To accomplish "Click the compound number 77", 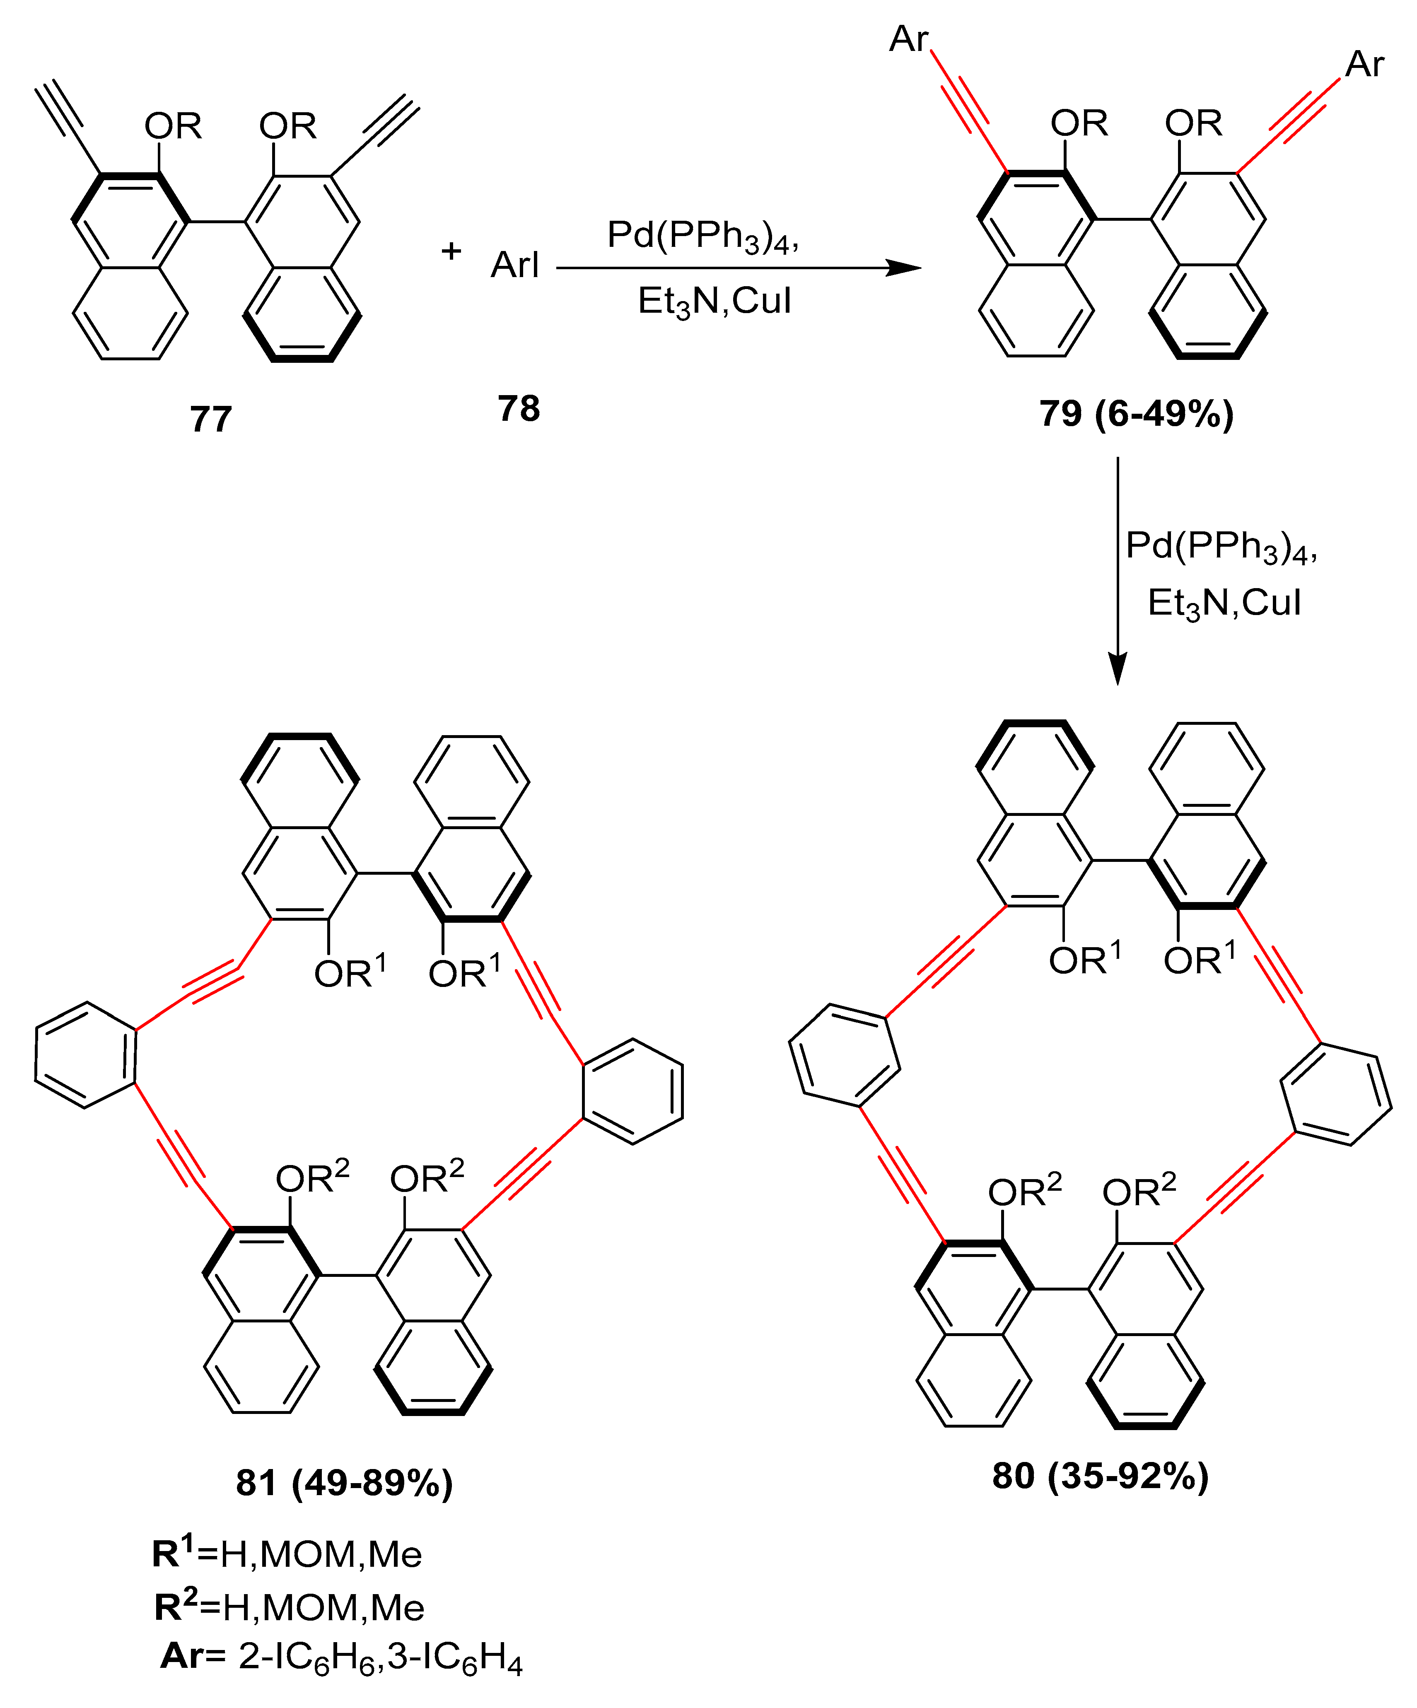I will [x=211, y=420].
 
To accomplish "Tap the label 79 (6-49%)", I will [x=1136, y=414].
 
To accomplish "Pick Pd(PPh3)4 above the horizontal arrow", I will [x=703, y=236].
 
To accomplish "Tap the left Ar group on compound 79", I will [x=909, y=39].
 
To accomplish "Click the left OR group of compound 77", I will [x=172, y=126].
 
